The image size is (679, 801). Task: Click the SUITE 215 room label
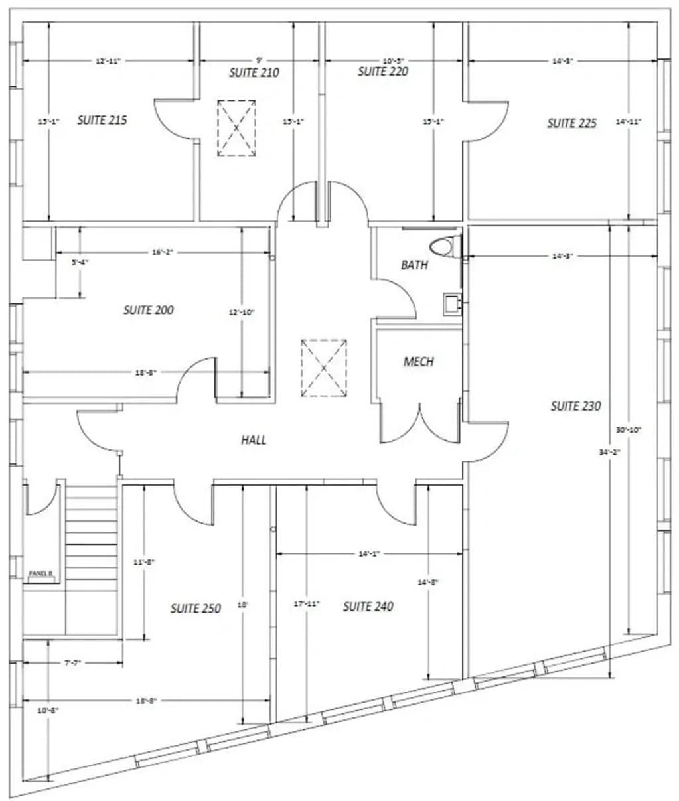(x=102, y=120)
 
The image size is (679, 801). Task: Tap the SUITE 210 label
(x=254, y=72)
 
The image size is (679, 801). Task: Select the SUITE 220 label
(x=383, y=71)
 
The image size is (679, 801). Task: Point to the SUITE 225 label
(x=571, y=123)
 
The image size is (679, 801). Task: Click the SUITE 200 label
(x=149, y=310)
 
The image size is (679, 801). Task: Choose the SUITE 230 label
(x=575, y=405)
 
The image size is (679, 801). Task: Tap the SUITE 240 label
(x=368, y=606)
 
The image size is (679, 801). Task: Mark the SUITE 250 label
(x=195, y=608)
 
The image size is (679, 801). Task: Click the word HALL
(x=254, y=439)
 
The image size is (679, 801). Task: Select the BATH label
(x=414, y=265)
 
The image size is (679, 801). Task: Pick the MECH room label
(x=418, y=362)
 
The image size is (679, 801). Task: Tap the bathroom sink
(x=452, y=303)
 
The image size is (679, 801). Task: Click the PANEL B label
(x=40, y=573)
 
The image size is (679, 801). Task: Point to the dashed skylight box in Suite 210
(x=236, y=127)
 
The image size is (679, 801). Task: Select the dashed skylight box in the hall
(x=323, y=368)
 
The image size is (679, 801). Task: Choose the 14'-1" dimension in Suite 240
(x=368, y=553)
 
